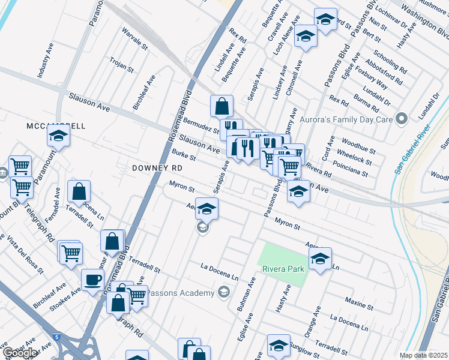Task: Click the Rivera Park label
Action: pyautogui.click(x=283, y=268)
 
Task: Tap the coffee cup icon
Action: pyautogui.click(x=92, y=280)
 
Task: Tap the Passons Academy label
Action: pyautogui.click(x=181, y=293)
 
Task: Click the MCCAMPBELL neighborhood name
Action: pyautogui.click(x=56, y=126)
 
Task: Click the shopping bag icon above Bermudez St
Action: pyautogui.click(x=221, y=106)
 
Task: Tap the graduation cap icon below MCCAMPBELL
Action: pyautogui.click(x=58, y=137)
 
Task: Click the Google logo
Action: pyautogui.click(x=20, y=353)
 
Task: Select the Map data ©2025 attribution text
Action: pyautogui.click(x=423, y=355)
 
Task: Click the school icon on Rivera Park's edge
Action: pyautogui.click(x=320, y=259)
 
